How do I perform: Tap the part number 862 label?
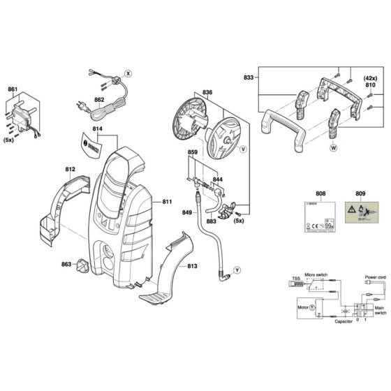pyautogui.click(x=99, y=100)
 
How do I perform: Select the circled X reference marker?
pyautogui.click(x=127, y=73)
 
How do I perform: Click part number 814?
pyautogui.click(x=97, y=130)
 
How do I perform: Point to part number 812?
pyautogui.click(x=70, y=169)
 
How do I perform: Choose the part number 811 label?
pyautogui.click(x=167, y=202)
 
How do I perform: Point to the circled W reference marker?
pyautogui.click(x=334, y=147)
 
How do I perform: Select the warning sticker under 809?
pyautogui.click(x=360, y=214)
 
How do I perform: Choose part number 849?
pyautogui.click(x=186, y=213)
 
